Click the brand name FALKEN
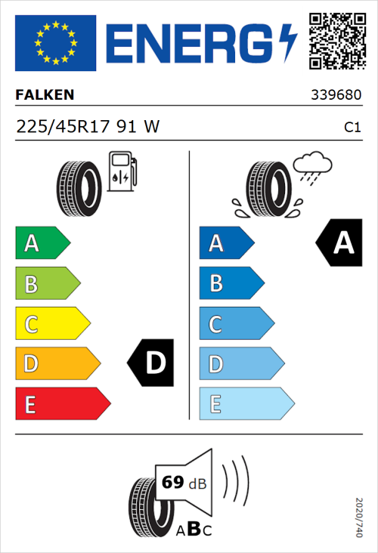45,95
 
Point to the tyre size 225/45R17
64,127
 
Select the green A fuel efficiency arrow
42,243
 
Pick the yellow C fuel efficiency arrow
52,323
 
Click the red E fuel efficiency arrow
62,403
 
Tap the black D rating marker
152,363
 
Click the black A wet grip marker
341,243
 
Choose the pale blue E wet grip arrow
246,403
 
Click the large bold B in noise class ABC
193,529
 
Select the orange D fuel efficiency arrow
57,363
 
